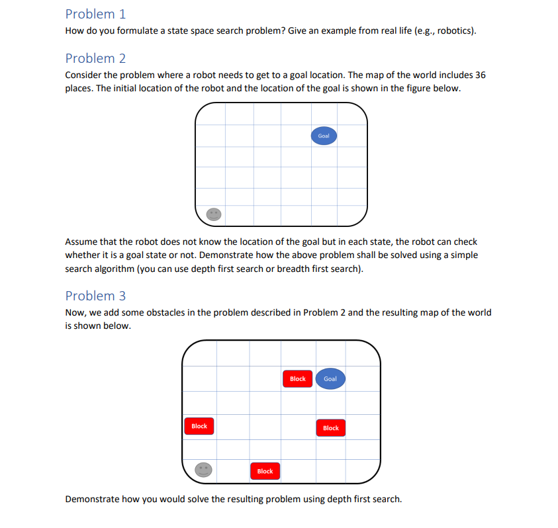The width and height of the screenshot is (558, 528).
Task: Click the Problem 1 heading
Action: [x=95, y=14]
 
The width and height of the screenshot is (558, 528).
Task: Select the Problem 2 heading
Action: [x=95, y=58]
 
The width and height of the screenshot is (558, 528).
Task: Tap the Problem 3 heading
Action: [x=95, y=296]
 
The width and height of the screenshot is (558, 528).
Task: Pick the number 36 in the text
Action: [x=480, y=75]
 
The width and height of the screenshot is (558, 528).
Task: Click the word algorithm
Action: [x=113, y=269]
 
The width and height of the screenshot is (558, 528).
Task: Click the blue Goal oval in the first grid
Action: [x=324, y=136]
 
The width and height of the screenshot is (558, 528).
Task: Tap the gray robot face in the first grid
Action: [x=213, y=214]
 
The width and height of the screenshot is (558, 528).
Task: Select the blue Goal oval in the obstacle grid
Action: [x=330, y=379]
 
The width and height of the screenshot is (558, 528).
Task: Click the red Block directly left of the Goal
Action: [x=298, y=379]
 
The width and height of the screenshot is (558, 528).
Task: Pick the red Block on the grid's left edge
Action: [x=199, y=426]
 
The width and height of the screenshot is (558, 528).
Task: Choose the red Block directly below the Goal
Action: [x=331, y=428]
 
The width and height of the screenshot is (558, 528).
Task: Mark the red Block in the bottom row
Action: [x=265, y=471]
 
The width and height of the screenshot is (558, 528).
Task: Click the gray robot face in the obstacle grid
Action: [x=204, y=470]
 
